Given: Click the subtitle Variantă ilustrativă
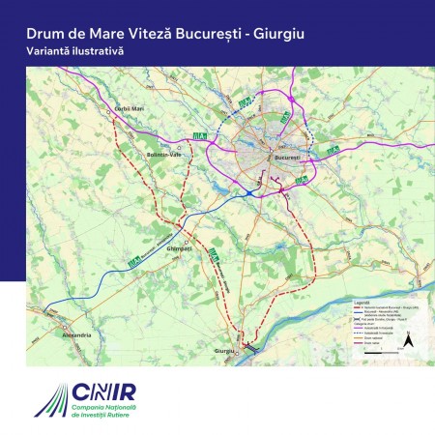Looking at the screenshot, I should pyautogui.click(x=70, y=50).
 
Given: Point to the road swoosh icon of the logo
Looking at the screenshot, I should pyautogui.click(x=47, y=401).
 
